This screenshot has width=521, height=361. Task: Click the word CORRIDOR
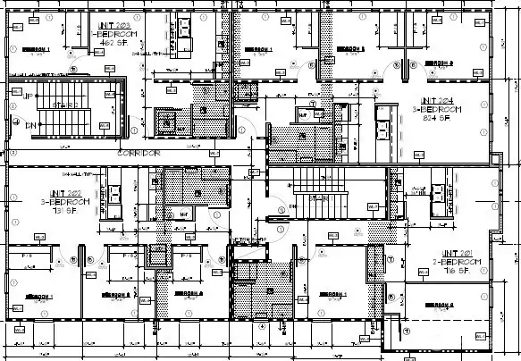point(138,154)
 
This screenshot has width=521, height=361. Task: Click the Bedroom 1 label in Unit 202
point(38,295)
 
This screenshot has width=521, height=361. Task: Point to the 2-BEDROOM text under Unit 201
point(460,262)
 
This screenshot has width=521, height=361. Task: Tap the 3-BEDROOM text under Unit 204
point(437,109)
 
